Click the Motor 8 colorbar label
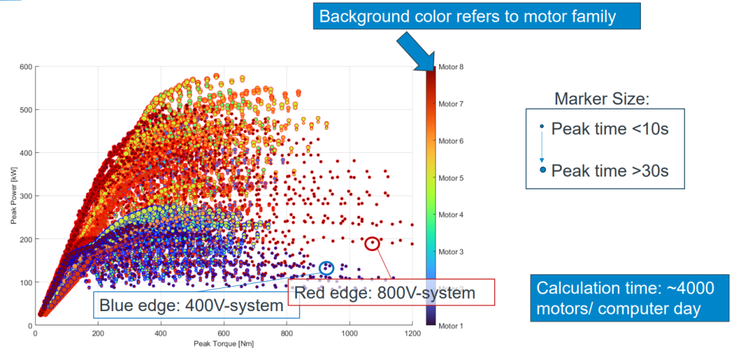point(451,67)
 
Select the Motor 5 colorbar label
point(451,178)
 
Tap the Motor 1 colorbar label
point(451,326)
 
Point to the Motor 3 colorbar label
point(451,252)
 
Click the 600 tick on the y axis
point(26,67)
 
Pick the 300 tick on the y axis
point(26,196)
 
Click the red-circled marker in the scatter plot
point(372,243)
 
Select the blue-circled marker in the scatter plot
point(326,268)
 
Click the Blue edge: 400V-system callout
point(191,306)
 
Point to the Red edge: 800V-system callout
point(391,293)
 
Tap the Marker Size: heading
point(602,99)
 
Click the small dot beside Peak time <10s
point(541,126)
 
